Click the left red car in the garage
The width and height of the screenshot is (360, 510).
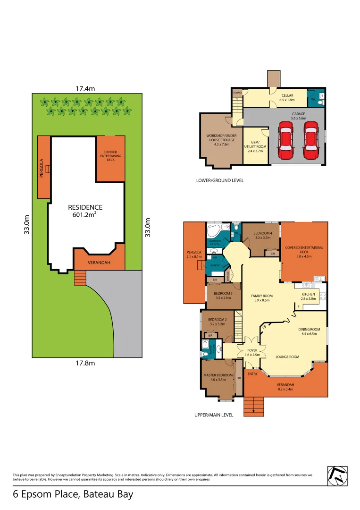285,140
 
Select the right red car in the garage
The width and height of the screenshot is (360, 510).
310,140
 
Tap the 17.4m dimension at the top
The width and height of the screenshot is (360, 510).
86,88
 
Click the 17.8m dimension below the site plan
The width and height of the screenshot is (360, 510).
86,363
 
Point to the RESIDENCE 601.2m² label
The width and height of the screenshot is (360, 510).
85,211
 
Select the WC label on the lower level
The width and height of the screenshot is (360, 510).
313,99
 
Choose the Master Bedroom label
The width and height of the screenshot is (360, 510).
218,377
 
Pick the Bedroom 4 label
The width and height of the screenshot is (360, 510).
262,236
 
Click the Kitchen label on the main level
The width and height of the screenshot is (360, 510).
308,296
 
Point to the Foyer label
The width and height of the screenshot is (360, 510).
252,352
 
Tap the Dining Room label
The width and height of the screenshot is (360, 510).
309,331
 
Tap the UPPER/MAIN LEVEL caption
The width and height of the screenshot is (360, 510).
214,415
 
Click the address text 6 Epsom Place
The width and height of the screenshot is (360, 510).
73,494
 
